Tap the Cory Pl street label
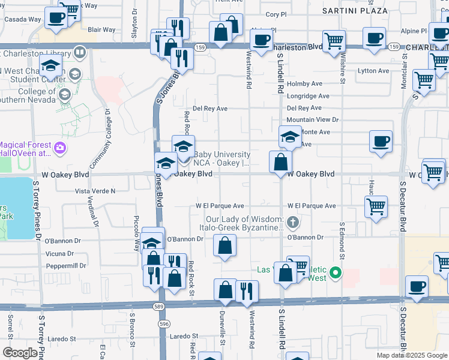pos(276,14)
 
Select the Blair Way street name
pos(101,29)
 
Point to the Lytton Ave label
pos(373,71)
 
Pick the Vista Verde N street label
pos(94,191)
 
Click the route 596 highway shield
pos(163,324)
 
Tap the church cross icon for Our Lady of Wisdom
pos(293,223)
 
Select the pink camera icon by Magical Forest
pos(59,148)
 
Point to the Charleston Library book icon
pos(79,53)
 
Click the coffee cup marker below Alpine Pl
pos(375,38)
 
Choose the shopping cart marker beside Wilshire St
pos(334,41)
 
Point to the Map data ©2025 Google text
pos(412,355)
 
